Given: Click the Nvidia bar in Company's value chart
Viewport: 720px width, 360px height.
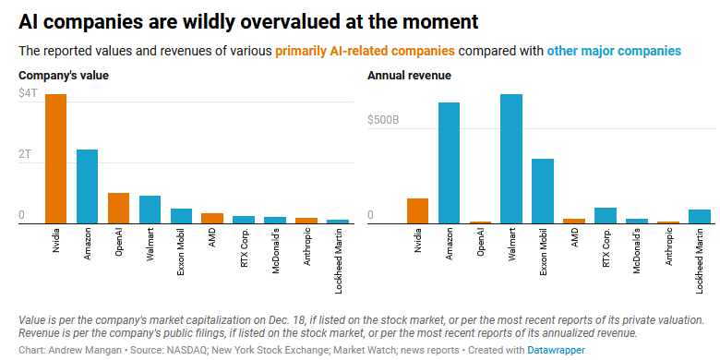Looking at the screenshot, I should coord(55,159).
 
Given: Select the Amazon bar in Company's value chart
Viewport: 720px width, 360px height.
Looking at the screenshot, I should coord(87,186).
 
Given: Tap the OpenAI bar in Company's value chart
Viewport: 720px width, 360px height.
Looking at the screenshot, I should coord(118,208).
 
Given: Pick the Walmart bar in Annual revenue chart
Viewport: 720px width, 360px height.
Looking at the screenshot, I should coord(511,159).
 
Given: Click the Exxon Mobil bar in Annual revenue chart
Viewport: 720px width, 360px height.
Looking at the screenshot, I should coord(543,191).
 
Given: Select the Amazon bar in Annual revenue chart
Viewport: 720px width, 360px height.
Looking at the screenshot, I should coord(449,162).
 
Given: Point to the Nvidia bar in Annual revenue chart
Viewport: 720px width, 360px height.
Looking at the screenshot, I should coord(417,210).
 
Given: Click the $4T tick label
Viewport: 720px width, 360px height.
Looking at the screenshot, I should coord(29,94).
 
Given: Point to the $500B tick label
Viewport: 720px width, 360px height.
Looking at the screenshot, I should coord(383,120).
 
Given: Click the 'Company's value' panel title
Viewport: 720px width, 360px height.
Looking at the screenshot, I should coord(64,75).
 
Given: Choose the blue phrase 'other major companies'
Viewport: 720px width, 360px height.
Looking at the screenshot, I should coord(614,51).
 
